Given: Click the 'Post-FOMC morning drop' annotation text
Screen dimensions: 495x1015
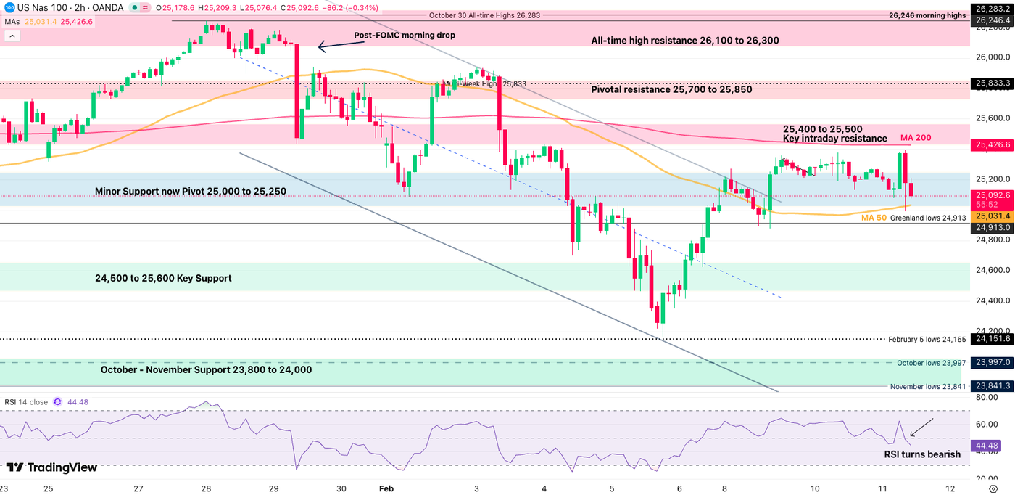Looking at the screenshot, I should pos(404,35).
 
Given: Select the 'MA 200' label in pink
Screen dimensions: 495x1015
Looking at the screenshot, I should pos(916,138).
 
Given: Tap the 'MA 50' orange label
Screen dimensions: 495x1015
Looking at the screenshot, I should pos(873,218).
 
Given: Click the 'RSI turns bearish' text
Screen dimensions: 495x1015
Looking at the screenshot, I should pos(921,454).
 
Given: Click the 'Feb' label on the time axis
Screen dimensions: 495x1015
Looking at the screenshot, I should pos(386,489).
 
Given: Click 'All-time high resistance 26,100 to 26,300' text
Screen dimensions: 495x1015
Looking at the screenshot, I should pos(685,41).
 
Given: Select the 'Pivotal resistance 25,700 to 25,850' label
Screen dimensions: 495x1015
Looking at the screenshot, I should pos(671,90).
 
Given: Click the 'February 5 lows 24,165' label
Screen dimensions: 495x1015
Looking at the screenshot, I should pos(927,339).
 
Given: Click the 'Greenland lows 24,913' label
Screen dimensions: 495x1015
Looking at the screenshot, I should pos(928,218).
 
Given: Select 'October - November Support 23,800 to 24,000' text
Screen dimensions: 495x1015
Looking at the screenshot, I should pos(206,369).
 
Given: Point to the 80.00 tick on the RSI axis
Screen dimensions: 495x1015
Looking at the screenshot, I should pos(986,398).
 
